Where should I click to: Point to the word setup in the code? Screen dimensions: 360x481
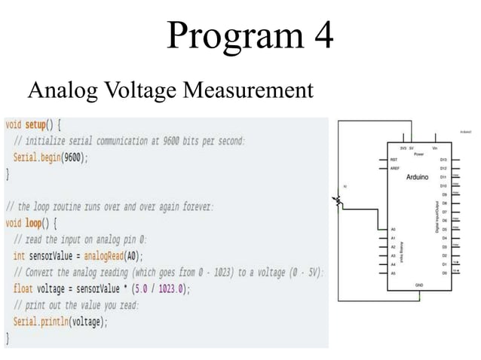(x=38, y=124)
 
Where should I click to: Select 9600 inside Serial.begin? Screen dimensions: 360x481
(x=72, y=157)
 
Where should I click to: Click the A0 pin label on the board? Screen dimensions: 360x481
(x=394, y=229)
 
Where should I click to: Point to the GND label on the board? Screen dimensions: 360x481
(x=418, y=285)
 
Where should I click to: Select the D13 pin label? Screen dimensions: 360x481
(x=443, y=160)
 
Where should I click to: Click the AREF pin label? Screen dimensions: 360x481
(x=395, y=169)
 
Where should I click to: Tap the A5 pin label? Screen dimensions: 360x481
(x=394, y=272)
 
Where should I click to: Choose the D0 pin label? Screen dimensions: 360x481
(x=444, y=272)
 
